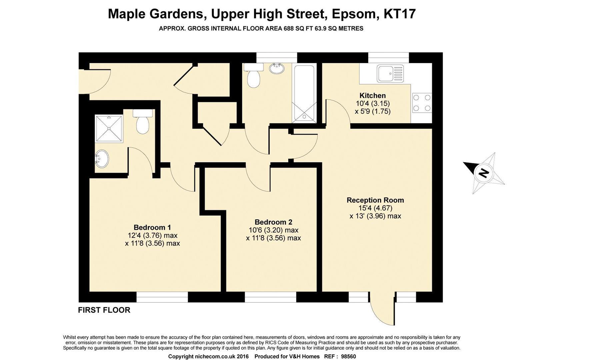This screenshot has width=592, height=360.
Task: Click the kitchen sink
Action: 390,74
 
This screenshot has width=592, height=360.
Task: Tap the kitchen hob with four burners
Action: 422,103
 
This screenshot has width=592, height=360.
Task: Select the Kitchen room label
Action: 373,96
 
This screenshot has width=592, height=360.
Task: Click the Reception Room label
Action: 375,200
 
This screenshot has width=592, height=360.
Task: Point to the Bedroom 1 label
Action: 152,228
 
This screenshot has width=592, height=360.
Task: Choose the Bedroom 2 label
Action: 273,222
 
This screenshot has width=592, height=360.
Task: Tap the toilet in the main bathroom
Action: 253,76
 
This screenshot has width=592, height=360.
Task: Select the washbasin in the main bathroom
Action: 277,68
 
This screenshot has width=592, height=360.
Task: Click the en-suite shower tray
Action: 109,129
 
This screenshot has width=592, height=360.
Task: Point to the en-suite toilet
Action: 143,122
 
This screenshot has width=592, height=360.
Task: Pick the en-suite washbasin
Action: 102,159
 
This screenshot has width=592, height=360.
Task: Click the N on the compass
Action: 483,173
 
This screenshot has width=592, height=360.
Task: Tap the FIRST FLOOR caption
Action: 104,310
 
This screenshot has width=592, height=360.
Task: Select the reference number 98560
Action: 348,357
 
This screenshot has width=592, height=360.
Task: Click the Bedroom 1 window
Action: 162,297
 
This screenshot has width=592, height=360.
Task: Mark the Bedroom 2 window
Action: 270,297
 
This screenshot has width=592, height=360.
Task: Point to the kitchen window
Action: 388,58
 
